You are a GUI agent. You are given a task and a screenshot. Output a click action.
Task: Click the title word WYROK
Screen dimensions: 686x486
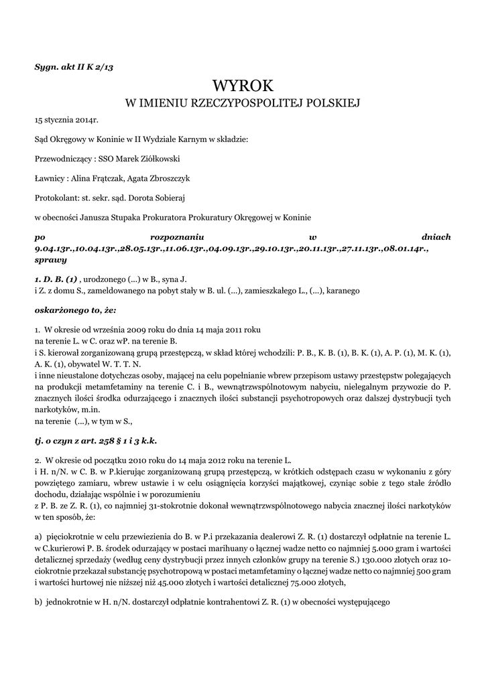click(243, 86)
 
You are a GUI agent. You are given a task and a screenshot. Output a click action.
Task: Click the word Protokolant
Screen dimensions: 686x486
click(56, 198)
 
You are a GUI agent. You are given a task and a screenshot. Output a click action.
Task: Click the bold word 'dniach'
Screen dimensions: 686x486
click(436, 237)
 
